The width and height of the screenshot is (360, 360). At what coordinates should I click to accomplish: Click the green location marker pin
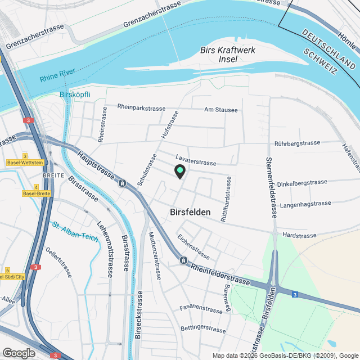pos(179,171)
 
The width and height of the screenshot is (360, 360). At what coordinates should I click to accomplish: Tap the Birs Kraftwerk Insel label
pos(228,55)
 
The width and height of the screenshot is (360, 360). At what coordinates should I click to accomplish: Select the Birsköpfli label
pos(75,94)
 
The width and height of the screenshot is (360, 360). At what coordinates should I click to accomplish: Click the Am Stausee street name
pos(220,110)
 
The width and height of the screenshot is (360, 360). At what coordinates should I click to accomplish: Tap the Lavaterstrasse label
pos(195,162)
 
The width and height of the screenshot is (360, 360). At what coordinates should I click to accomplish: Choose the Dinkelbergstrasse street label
pos(302,182)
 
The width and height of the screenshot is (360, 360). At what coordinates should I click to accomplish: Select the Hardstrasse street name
pos(300,235)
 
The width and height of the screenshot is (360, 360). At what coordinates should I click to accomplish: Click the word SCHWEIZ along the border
pos(320,61)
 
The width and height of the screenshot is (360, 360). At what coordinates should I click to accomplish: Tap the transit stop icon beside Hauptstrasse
pos(122,183)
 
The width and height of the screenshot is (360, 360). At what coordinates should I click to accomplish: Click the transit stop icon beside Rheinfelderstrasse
pos(183,260)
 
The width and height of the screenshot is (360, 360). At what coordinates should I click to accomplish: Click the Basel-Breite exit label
pos(36,193)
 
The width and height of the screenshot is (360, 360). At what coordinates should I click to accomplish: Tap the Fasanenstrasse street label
pos(201,309)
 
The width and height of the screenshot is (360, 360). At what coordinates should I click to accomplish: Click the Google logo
pos(18,353)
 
